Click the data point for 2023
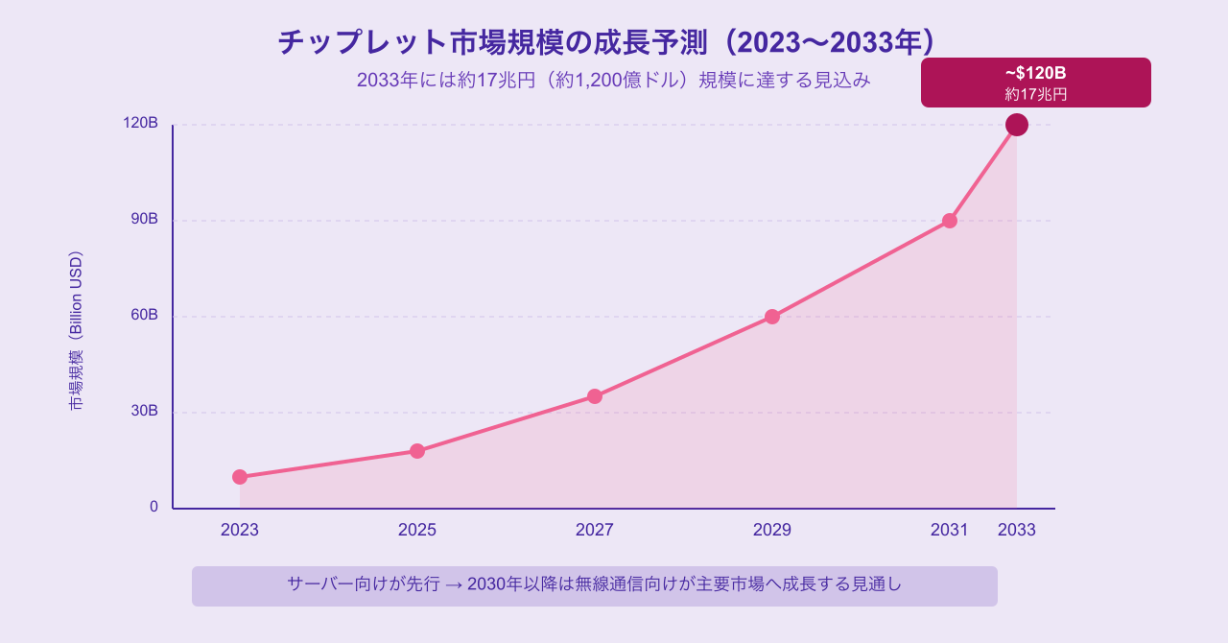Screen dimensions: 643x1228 240,477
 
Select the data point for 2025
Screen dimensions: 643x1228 417,451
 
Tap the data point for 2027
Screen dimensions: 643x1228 595,396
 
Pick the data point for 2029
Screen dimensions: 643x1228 772,317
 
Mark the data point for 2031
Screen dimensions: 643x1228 950,221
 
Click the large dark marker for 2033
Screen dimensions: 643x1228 1017,125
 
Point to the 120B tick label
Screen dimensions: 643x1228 141,123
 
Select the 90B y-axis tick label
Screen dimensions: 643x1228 145,219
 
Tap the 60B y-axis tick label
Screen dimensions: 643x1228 145,315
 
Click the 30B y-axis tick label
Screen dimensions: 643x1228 145,411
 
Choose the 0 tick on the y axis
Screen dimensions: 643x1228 153,507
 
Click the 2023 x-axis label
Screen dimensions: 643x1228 240,530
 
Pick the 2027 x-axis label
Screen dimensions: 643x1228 595,530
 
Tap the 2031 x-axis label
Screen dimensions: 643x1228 950,530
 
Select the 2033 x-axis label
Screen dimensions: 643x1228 1017,530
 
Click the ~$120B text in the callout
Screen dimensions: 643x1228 1036,73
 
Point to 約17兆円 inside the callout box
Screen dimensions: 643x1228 1036,94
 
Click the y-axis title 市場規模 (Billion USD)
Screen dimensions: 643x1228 76,331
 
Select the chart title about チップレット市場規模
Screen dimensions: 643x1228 606,42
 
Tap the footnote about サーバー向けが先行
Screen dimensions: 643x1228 595,583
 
